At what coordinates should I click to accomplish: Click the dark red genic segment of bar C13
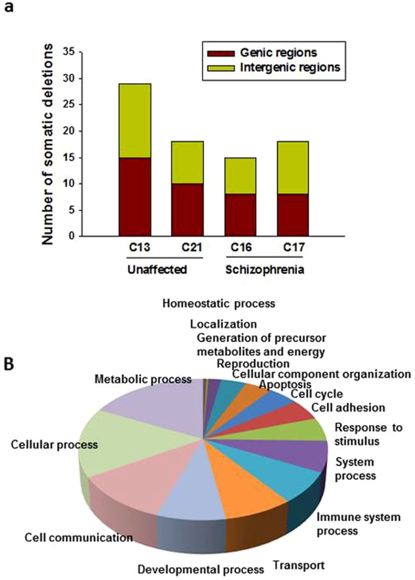pyautogui.click(x=134, y=196)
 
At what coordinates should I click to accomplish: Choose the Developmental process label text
pyautogui.click(x=201, y=569)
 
